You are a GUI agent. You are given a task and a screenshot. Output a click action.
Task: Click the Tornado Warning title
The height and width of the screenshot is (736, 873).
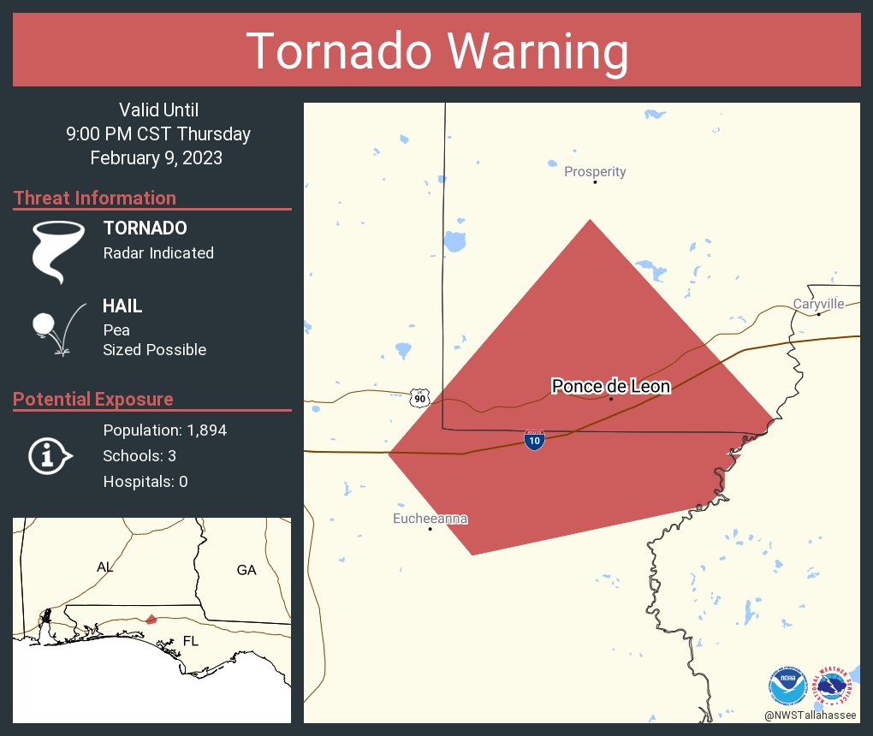coord(436,51)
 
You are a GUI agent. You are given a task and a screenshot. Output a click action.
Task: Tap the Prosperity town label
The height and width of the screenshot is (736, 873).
coord(595,171)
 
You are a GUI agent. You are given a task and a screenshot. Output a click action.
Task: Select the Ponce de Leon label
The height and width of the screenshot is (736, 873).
coord(610,387)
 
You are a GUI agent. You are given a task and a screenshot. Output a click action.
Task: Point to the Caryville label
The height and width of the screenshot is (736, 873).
coord(818,304)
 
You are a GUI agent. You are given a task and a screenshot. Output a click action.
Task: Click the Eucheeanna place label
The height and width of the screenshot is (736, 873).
coord(430,519)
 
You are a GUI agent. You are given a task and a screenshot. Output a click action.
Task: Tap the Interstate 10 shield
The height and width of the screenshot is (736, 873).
coord(534,441)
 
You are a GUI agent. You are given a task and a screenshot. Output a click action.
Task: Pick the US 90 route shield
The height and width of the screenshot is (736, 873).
coord(419,398)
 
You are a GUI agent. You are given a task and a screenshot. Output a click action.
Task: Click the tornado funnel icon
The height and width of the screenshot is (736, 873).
coord(57,252)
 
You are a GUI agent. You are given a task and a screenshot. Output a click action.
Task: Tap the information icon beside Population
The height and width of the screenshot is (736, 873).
coord(50,455)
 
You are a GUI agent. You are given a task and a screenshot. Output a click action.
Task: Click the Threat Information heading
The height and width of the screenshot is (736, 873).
coord(95,199)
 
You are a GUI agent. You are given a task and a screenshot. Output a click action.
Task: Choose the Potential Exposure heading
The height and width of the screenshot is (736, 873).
coord(93,400)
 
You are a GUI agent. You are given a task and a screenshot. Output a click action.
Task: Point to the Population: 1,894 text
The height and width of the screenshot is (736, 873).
coord(164,430)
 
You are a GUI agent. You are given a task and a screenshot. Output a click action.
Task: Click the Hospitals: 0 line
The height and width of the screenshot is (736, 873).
coord(145,482)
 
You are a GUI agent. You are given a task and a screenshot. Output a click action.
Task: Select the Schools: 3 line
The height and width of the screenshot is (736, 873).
coord(140,456)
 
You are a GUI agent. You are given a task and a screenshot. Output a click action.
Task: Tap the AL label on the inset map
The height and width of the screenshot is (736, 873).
coord(104,567)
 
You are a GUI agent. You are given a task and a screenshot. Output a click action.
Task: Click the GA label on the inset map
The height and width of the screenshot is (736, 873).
coord(246,570)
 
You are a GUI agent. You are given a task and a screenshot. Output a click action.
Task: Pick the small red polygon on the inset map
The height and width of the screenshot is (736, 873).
coord(151,619)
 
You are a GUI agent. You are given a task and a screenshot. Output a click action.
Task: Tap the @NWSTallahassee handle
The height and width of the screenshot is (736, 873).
coord(811,715)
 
